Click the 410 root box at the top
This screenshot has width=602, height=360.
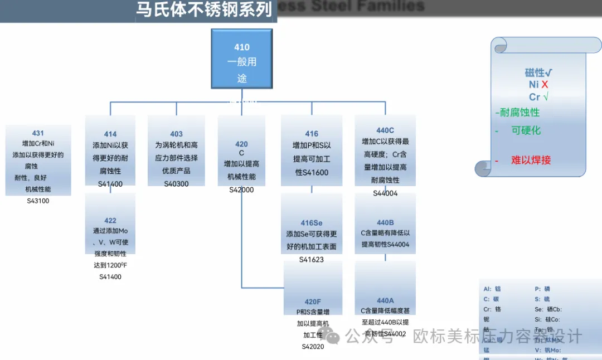242,59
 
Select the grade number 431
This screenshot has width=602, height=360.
38,133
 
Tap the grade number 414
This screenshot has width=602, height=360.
110,134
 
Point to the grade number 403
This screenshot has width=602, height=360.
176,134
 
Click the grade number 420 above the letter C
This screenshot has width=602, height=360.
241,144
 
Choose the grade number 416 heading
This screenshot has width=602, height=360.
312,134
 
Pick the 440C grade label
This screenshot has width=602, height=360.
385,130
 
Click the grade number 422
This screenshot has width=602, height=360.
110,221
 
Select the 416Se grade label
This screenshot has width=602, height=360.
312,223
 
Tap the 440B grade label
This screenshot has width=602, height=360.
385,223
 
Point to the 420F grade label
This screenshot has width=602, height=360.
313,302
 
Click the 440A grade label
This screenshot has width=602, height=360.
385,301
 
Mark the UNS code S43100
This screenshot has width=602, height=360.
38,201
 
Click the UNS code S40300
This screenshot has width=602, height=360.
176,184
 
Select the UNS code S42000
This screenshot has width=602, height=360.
241,190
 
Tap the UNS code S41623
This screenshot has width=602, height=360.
312,260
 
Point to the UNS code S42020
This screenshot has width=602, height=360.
313,346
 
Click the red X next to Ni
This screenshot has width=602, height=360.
545,85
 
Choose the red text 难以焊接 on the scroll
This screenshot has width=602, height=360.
531,160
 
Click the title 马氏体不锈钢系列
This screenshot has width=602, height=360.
205,9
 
